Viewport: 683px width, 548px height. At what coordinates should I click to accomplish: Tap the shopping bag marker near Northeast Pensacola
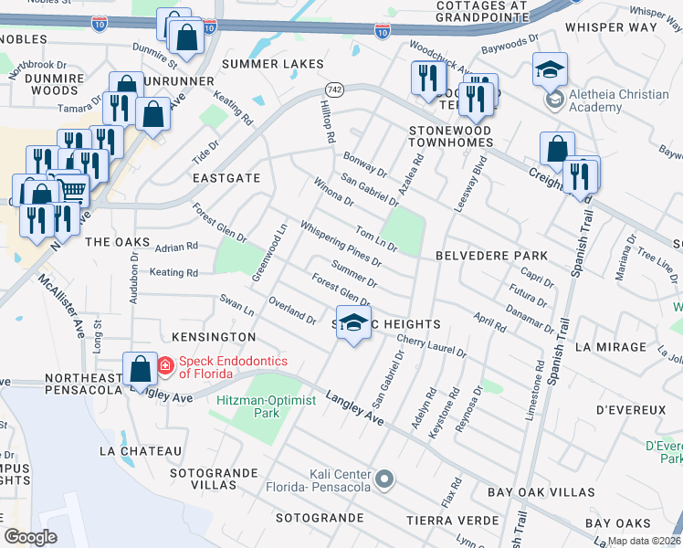pos(140,371)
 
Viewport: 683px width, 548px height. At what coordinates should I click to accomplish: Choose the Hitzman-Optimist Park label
pos(267,406)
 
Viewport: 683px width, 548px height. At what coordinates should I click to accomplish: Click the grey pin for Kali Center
pos(384,477)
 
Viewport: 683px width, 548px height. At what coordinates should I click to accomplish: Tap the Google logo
pos(31,537)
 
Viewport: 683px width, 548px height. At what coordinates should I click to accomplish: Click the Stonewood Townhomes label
pos(449,136)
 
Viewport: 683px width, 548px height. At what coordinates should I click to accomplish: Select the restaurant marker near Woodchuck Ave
pos(426,79)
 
